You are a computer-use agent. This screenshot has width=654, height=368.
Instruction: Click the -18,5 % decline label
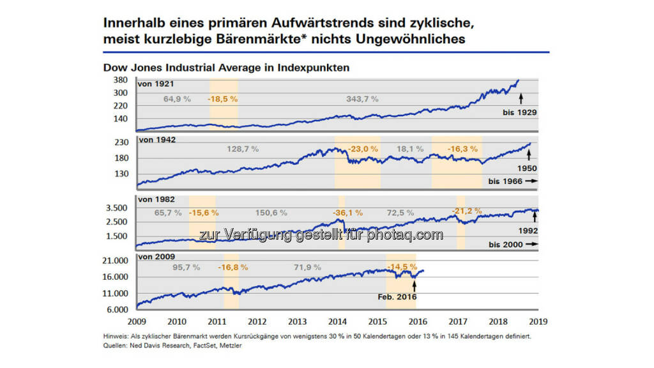222,99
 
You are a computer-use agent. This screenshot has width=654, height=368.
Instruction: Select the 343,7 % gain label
362,99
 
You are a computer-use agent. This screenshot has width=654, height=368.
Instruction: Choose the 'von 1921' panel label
156,84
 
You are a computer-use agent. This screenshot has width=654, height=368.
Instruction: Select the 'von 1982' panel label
156,199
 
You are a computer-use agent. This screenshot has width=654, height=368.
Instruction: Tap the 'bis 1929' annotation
519,112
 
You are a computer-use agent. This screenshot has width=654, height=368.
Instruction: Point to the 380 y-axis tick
121,81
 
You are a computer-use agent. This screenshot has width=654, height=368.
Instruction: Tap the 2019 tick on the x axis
537,321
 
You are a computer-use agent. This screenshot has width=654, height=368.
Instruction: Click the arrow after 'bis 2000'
531,245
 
